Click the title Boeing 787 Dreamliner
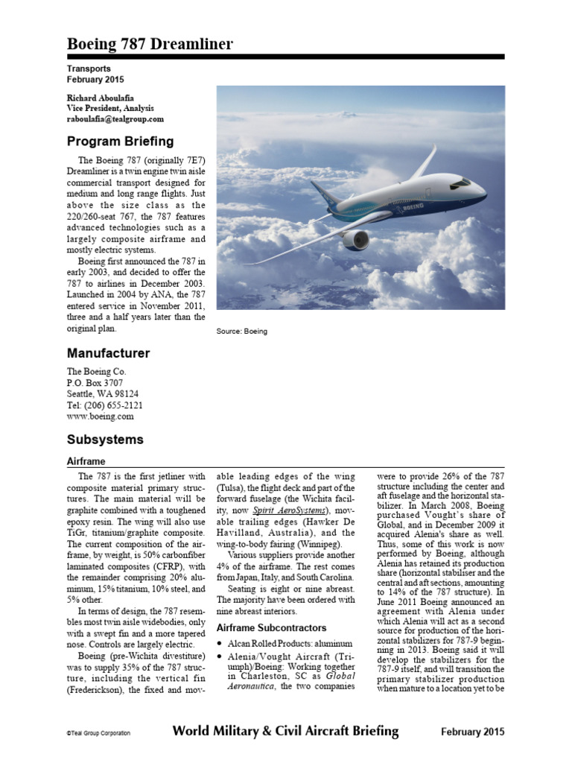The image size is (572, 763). tap(150, 44)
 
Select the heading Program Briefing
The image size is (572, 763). tap(120, 142)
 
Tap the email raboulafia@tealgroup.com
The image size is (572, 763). tap(115, 119)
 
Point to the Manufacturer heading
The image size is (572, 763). tap(108, 353)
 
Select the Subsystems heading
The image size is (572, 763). tap(105, 440)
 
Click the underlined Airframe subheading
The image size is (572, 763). tap(86, 462)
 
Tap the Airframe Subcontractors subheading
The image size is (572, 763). tap(275, 626)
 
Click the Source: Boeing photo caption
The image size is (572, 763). tap(241, 331)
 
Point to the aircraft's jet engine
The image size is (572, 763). tap(355, 240)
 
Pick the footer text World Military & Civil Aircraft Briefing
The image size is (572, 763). tap(285, 732)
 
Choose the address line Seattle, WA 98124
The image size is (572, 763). tap(102, 393)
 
